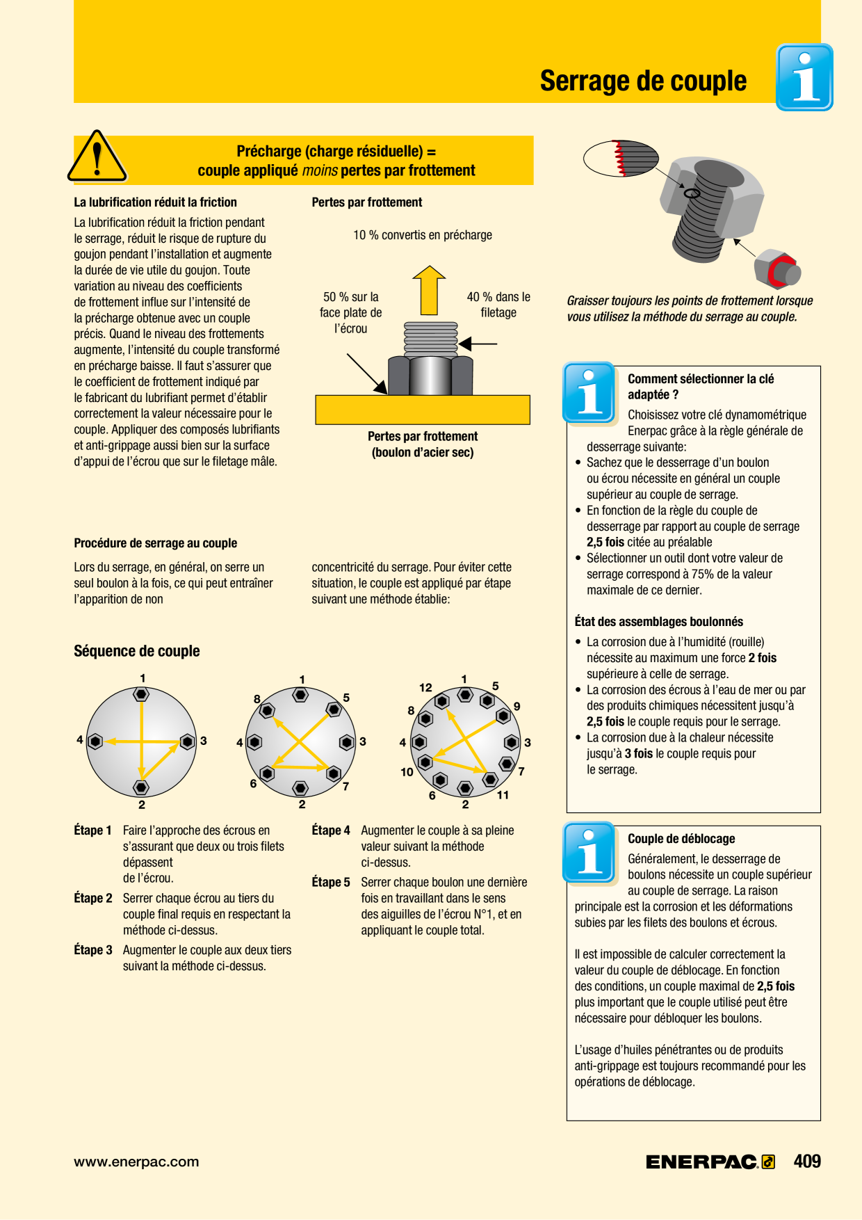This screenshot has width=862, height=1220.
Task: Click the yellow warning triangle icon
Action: pos(97,156)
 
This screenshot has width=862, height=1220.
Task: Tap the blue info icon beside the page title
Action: pos(804,77)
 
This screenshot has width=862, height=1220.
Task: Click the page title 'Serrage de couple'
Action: pos(643,81)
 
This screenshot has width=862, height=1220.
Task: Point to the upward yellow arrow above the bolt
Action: pos(429,290)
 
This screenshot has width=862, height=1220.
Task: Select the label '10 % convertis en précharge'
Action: pos(423,235)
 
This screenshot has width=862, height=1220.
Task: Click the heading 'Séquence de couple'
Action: pos(137,651)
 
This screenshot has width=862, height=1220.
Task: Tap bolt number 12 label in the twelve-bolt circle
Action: pos(425,687)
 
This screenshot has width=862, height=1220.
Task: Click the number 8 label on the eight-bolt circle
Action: pos(257,699)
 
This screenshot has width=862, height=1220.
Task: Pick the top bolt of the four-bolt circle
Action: pos(141,694)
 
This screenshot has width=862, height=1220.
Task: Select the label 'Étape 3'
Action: pos(93,950)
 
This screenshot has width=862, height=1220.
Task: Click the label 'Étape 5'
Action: pos(331,882)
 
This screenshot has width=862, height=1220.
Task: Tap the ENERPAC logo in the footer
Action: pos(710,1162)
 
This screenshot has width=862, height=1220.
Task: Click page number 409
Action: pos(807,1161)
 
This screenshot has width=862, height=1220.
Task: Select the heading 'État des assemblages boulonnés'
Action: pos(659,622)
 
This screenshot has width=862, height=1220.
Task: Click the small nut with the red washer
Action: pos(777,268)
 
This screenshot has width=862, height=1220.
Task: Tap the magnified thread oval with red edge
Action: pos(620,158)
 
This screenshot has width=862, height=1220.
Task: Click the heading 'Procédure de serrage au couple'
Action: pos(156,543)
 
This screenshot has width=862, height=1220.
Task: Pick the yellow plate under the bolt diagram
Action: pos(423,410)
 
